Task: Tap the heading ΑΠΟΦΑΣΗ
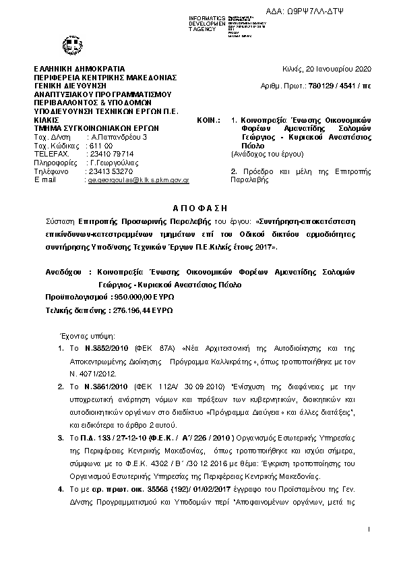(202, 207)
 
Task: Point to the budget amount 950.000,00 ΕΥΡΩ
(142, 296)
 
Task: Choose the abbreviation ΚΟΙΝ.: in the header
(208, 119)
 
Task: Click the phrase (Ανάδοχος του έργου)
(267, 154)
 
